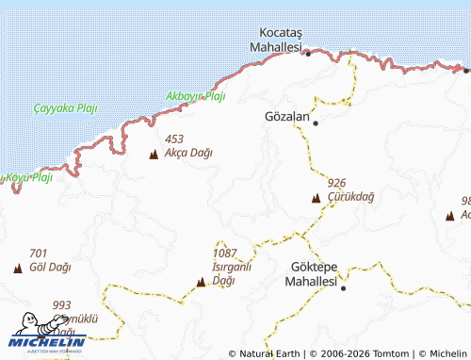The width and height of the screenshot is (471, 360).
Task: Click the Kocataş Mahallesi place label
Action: click(x=275, y=39)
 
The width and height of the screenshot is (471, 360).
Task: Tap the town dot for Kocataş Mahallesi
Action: click(x=308, y=54)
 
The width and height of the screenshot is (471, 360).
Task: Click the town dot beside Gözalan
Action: click(x=316, y=123)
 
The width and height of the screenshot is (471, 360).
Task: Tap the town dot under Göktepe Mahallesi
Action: click(x=343, y=287)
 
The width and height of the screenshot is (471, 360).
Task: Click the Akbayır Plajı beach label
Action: click(x=196, y=96)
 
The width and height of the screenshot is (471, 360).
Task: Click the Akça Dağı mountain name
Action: click(x=188, y=153)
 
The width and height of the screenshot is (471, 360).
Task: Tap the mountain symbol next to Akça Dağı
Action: click(x=154, y=155)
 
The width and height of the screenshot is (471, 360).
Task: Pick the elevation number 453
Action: click(x=173, y=139)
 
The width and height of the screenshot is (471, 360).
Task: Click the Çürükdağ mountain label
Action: click(x=351, y=196)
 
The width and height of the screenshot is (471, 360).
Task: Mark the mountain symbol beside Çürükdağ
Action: click(x=316, y=198)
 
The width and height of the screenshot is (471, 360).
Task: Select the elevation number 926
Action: click(x=336, y=182)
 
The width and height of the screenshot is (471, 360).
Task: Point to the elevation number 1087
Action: click(x=225, y=254)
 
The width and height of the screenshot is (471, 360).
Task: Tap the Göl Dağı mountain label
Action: click(x=51, y=267)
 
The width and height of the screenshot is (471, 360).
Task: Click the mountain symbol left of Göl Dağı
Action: click(x=18, y=269)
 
